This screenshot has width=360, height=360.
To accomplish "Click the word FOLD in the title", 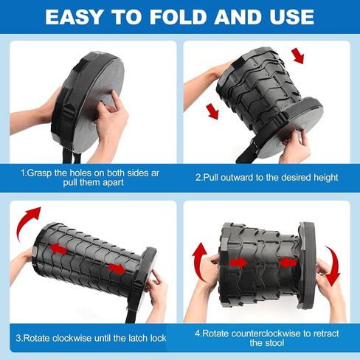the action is pyautogui.click(x=178, y=17).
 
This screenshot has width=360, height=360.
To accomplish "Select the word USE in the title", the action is pyautogui.click(x=289, y=17).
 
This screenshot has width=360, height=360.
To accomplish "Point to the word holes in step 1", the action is pyautogui.click(x=80, y=173).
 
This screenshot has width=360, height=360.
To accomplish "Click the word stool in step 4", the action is pyautogui.click(x=275, y=343).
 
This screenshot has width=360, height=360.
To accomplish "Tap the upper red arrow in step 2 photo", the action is pyautogui.click(x=298, y=56).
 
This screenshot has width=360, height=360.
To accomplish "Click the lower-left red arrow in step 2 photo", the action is pyautogui.click(x=212, y=111).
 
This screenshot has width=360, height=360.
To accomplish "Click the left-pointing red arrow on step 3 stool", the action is pyautogui.click(x=58, y=249).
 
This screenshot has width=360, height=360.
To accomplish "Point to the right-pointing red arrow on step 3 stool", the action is pyautogui.click(x=117, y=269).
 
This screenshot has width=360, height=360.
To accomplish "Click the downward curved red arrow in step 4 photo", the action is pyautogui.click(x=333, y=266).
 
